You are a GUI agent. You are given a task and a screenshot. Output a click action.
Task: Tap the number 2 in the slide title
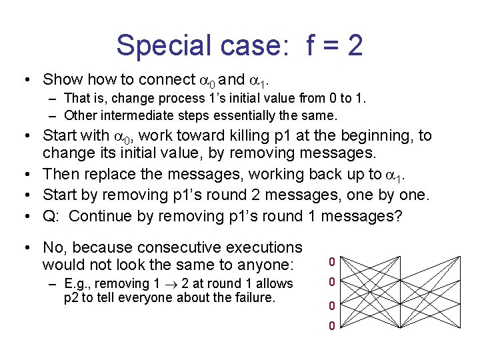point(354,45)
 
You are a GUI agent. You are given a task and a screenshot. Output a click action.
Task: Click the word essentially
point(219,115)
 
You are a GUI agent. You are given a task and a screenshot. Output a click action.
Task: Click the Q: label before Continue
point(51,216)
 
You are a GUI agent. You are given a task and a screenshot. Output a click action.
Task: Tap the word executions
point(264,247)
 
